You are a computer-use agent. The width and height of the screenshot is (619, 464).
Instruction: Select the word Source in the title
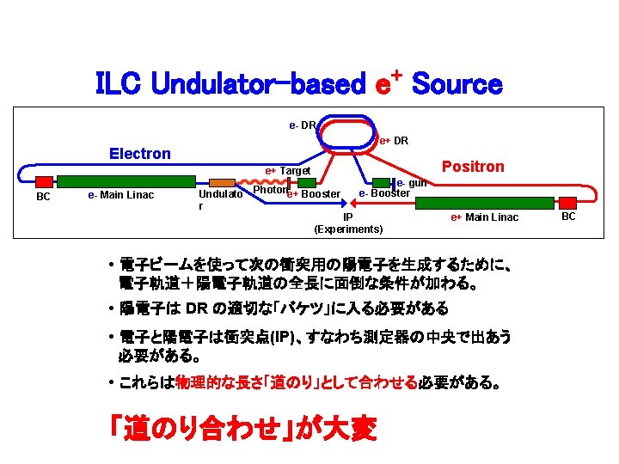pos(457,84)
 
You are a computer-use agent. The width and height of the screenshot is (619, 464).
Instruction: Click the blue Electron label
pos(140,154)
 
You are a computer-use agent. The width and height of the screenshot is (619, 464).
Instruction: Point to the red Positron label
pos(473,167)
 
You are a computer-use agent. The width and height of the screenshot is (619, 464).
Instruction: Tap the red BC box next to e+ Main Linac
pos(567,202)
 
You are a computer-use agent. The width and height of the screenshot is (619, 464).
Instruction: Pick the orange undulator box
pos(223,182)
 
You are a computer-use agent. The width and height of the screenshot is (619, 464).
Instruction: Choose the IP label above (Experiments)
pos(348,217)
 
